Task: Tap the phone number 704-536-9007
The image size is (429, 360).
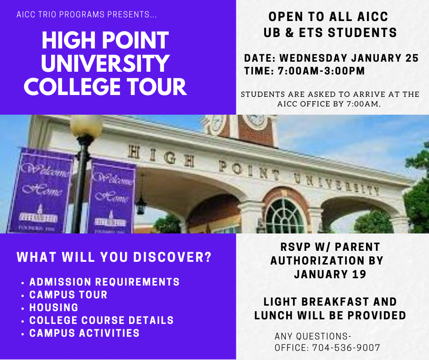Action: pos(346,348)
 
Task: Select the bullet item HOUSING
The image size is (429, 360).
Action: pos(54,307)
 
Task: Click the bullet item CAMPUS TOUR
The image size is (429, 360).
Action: pos(68,295)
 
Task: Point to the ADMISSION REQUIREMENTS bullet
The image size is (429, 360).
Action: pos(105,281)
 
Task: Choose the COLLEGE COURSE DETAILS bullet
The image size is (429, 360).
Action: pos(101,320)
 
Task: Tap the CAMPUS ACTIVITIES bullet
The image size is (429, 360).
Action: pos(84,333)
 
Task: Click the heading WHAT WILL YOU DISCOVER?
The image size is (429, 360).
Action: pos(114,257)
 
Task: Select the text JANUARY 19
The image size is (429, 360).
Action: pos(330,274)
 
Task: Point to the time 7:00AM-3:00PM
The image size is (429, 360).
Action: pos(321,71)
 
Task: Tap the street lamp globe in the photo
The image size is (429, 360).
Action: pos(86,126)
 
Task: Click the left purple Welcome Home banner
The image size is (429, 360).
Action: pos(41,191)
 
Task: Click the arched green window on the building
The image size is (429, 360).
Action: pos(284,217)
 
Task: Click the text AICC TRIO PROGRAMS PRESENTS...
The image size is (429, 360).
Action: pos(87,14)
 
